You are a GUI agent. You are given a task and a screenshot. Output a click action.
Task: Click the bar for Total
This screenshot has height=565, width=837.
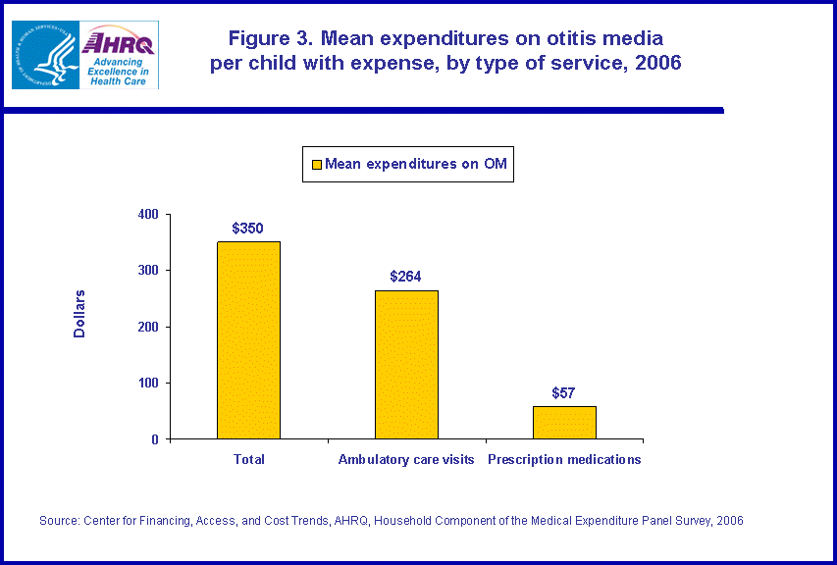pos(248,339)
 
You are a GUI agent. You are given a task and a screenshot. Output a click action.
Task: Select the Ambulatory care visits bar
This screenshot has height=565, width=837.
pos(406,364)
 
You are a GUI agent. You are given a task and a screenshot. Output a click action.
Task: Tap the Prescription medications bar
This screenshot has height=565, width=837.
pos(564,422)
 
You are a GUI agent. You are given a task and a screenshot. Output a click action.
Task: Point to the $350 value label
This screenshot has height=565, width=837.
pos(247,229)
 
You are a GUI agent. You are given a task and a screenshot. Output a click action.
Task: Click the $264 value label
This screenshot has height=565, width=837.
pos(405,277)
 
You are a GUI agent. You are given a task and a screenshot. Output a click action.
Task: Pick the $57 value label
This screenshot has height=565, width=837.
pos(563,393)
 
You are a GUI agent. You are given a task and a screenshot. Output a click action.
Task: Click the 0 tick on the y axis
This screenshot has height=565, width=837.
pos(155,439)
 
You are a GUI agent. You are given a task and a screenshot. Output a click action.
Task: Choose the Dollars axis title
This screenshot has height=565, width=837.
pos(80,314)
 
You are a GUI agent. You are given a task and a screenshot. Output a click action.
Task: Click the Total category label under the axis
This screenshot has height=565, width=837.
pos(248,459)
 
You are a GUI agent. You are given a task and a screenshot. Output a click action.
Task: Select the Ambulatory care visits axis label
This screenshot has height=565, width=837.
pos(406,459)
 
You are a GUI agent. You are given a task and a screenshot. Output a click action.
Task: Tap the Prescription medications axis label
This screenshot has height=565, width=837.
pos(564,459)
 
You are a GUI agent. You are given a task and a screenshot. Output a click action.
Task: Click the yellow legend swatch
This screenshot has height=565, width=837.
pos(316,165)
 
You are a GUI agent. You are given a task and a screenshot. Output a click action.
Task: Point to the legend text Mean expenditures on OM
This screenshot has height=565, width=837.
pos(416,164)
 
